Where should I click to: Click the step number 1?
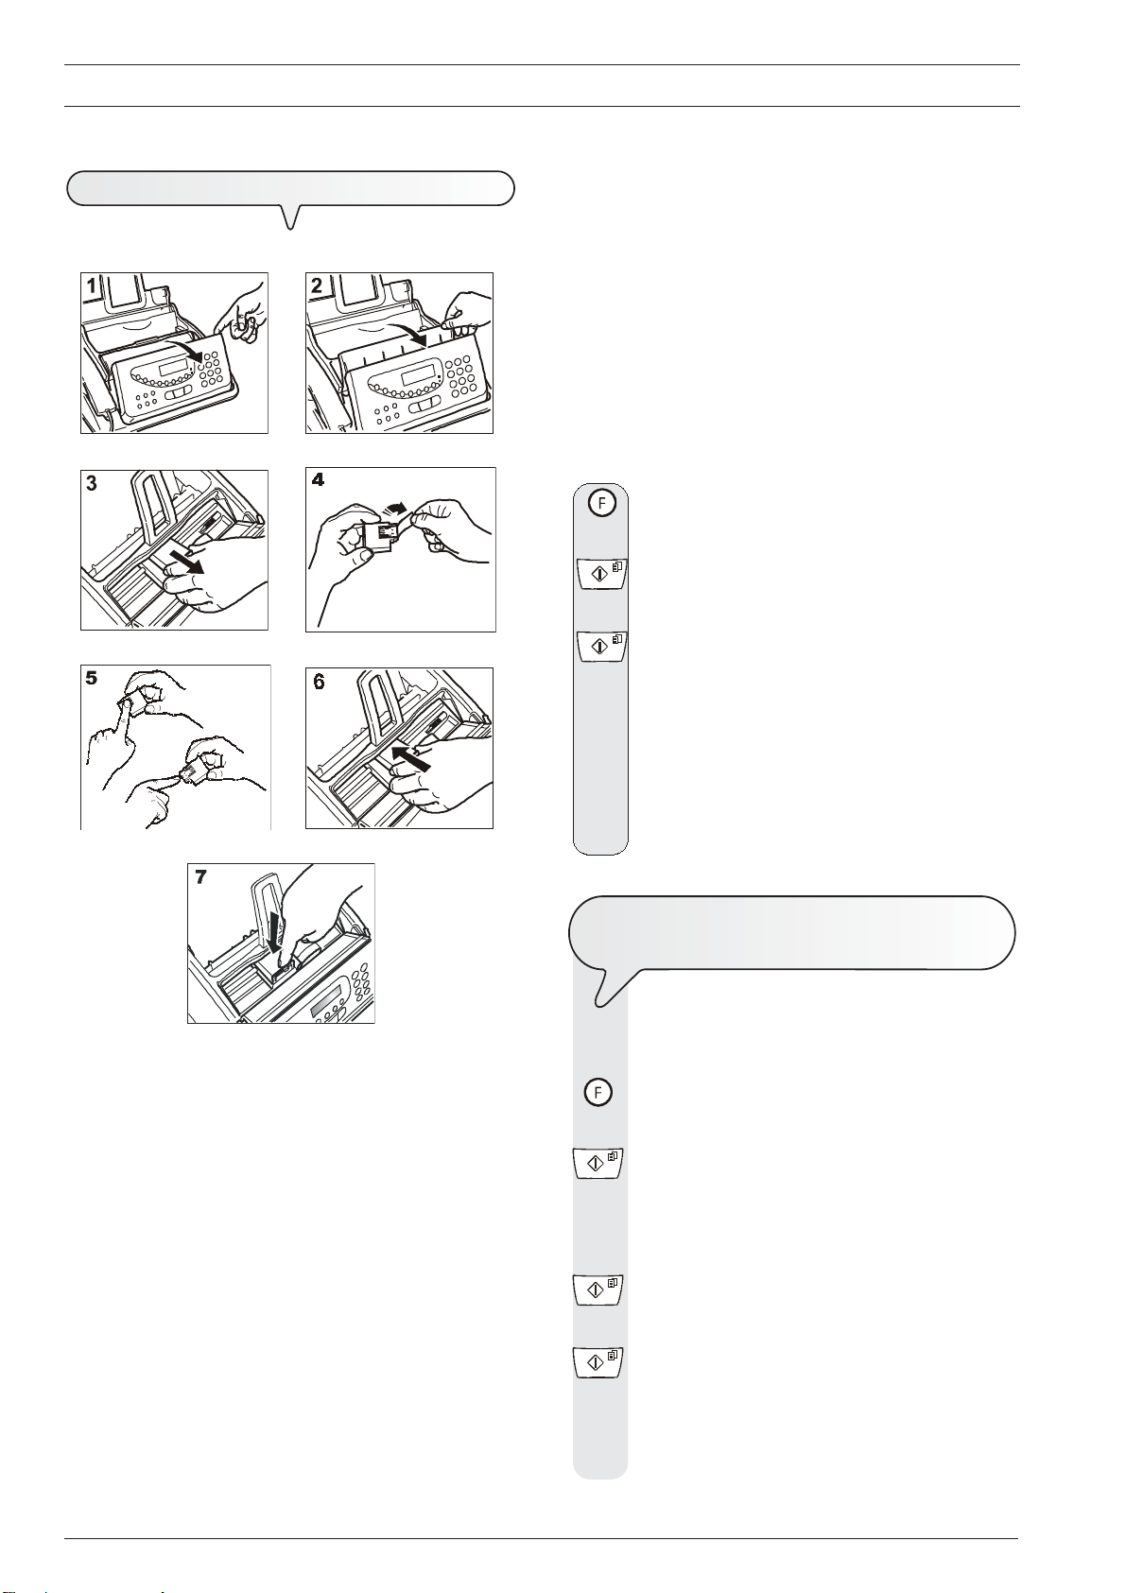(92, 286)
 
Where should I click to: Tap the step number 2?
(318, 286)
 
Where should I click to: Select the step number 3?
(92, 484)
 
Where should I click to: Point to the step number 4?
(318, 480)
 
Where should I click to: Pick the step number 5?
(92, 678)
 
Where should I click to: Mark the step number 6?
(319, 682)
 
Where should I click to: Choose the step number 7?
(200, 877)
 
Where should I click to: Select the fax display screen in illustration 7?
(326, 1000)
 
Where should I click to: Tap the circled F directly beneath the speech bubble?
(598, 1092)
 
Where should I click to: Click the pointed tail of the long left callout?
(290, 228)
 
